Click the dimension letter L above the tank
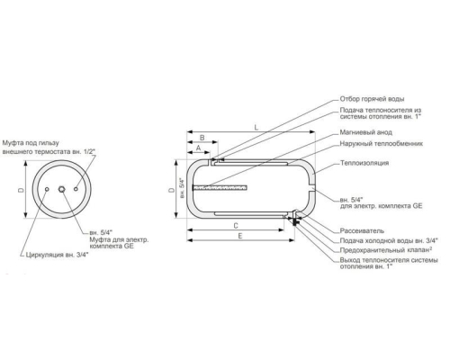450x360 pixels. pyautogui.click(x=256, y=128)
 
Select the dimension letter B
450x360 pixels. pyautogui.click(x=202, y=138)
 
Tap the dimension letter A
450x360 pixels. pyautogui.click(x=198, y=148)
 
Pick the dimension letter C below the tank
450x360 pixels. pyautogui.click(x=236, y=226)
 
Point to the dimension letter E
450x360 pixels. pyautogui.click(x=240, y=236)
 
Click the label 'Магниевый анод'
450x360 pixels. pyautogui.click(x=365, y=132)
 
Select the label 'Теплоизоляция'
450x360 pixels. pyautogui.click(x=364, y=163)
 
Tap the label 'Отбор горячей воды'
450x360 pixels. pyautogui.click(x=372, y=99)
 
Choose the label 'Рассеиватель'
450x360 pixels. pyautogui.click(x=362, y=230)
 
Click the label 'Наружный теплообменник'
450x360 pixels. pyautogui.click(x=382, y=144)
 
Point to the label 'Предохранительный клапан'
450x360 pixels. pyautogui.click(x=385, y=250)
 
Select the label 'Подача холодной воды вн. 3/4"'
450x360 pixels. pyautogui.click(x=389, y=240)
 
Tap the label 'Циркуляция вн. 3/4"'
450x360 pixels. pyautogui.click(x=57, y=255)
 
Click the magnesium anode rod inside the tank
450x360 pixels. pyautogui.click(x=220, y=188)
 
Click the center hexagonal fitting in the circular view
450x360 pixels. pyautogui.click(x=62, y=189)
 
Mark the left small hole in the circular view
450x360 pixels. pyautogui.click(x=47, y=189)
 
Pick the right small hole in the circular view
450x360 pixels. pyautogui.click(x=76, y=189)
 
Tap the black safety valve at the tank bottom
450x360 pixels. pyautogui.click(x=296, y=222)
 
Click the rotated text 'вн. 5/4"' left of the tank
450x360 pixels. pyautogui.click(x=182, y=188)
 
